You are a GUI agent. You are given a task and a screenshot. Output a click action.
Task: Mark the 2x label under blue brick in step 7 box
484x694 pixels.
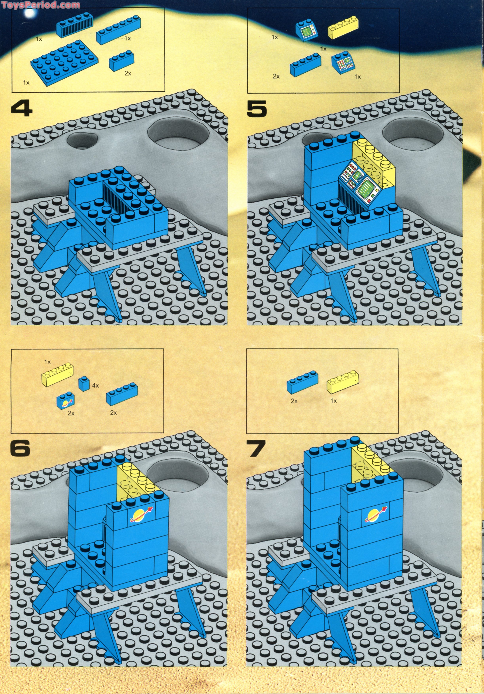[x=294, y=401]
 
